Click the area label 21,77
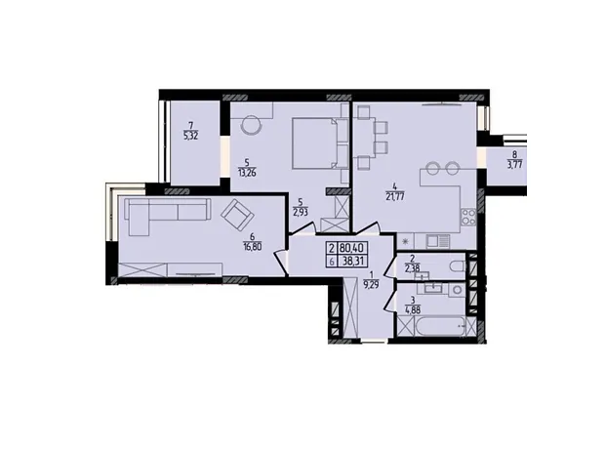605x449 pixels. (394, 197)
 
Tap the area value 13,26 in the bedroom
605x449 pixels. (247, 172)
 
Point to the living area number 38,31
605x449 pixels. (352, 261)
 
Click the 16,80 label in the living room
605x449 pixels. (253, 247)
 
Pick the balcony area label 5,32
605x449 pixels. (191, 136)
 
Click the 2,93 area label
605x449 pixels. (301, 212)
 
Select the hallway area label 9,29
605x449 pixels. (373, 286)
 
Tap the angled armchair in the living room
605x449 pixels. (237, 215)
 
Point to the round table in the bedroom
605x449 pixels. (251, 125)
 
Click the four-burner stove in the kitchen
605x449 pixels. (468, 217)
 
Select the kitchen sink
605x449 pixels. (437, 242)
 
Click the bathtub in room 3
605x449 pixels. (439, 326)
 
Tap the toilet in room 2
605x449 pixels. (458, 266)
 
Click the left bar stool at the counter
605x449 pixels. (432, 168)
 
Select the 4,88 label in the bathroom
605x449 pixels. (413, 309)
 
